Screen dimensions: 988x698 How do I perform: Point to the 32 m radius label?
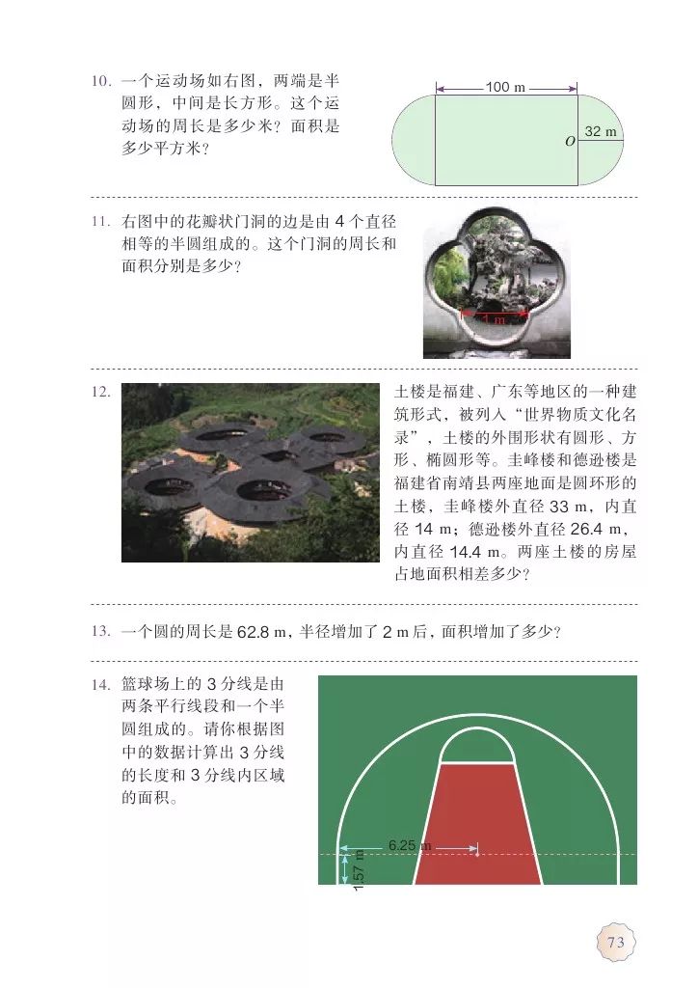[601, 131]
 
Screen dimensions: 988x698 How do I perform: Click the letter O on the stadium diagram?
[570, 142]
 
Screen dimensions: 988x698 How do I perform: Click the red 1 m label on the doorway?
[495, 317]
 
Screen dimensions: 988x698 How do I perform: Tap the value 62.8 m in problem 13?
[262, 632]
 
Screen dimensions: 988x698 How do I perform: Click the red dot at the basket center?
[477, 853]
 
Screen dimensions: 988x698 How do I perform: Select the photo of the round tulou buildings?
[250, 473]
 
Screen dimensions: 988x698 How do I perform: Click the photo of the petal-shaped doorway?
[497, 282]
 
